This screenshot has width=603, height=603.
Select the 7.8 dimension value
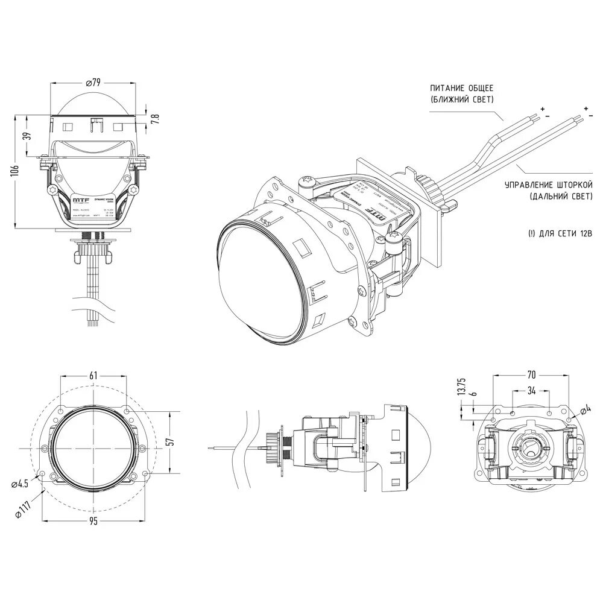point(155,118)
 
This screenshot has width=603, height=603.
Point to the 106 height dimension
point(15,171)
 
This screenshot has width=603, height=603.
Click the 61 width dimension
point(93,375)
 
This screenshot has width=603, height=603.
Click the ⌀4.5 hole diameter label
point(20,482)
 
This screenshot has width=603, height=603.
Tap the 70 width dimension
point(531,374)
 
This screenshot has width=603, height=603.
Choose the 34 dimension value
point(531,390)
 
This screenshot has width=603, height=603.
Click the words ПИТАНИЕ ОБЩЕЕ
point(462,89)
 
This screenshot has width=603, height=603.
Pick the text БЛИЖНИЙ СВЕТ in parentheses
point(463,99)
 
